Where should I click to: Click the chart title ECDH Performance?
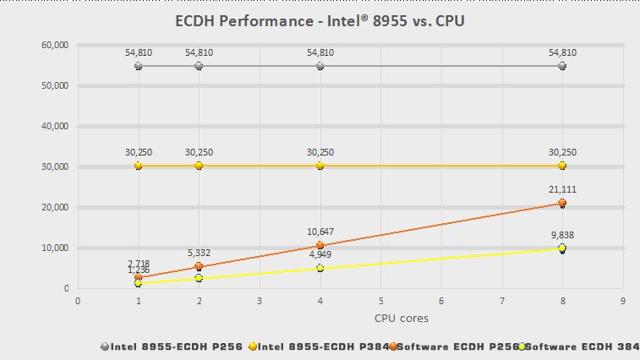(x=320, y=20)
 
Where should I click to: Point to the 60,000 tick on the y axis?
(x=56, y=45)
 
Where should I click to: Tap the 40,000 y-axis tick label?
(x=56, y=126)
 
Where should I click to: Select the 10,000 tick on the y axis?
(x=56, y=248)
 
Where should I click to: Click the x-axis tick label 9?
(x=622, y=299)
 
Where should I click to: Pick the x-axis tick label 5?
(x=380, y=299)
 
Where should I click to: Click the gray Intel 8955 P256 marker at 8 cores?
(x=562, y=66)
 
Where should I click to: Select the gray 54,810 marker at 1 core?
(x=138, y=66)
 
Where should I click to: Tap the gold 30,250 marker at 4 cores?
(x=320, y=166)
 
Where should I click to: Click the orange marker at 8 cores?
(x=562, y=203)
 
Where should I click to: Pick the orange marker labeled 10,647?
(x=320, y=245)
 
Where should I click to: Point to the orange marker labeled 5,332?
(x=199, y=267)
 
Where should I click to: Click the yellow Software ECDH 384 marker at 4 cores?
(x=320, y=268)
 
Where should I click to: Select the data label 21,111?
(x=562, y=190)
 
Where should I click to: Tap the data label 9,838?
(x=562, y=236)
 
